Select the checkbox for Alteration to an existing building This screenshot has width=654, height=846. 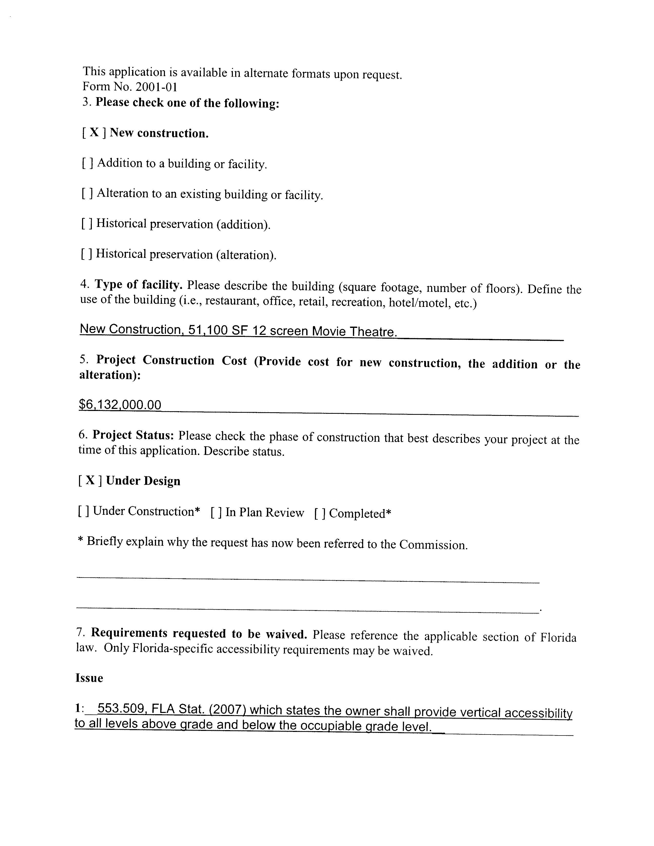(x=87, y=193)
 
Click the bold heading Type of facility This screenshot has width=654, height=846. (x=138, y=285)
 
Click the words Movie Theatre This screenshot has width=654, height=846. (x=354, y=331)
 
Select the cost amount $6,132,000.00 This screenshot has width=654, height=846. (x=120, y=405)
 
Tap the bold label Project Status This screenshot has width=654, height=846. (x=133, y=435)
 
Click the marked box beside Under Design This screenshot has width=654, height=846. (x=90, y=481)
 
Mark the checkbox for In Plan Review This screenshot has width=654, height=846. (x=216, y=512)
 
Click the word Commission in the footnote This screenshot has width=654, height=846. (x=433, y=545)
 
